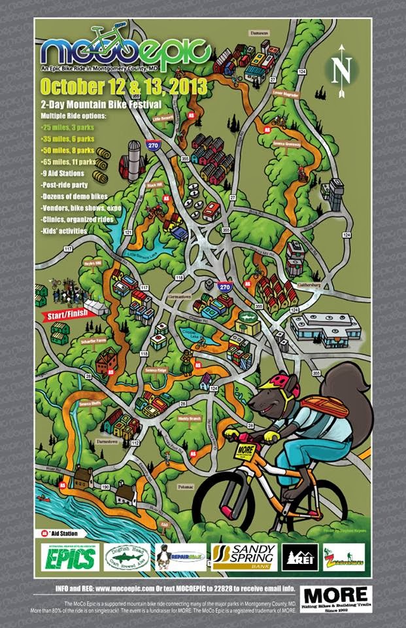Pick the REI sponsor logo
click(300, 557)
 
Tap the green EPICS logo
click(71, 557)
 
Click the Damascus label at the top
click(261, 31)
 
